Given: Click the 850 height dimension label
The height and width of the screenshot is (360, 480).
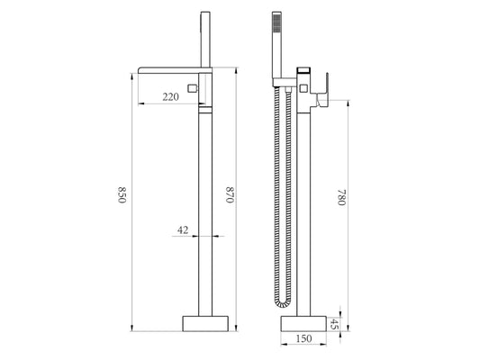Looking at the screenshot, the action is (122, 194).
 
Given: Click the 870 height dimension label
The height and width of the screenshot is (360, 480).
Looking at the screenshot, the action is (230, 194).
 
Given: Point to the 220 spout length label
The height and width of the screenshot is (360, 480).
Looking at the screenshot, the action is (170, 97).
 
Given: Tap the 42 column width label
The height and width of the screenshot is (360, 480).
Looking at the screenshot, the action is (183, 229).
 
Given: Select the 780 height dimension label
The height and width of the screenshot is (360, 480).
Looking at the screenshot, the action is (342, 197).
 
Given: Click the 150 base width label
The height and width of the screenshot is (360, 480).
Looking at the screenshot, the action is (303, 338).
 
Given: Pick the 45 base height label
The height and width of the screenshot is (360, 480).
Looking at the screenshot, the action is (335, 324).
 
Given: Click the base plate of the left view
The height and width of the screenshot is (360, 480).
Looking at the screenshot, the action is (205, 324).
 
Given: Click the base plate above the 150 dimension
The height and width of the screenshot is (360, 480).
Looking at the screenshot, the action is (303, 324).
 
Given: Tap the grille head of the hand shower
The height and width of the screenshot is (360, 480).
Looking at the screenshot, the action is (276, 22).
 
